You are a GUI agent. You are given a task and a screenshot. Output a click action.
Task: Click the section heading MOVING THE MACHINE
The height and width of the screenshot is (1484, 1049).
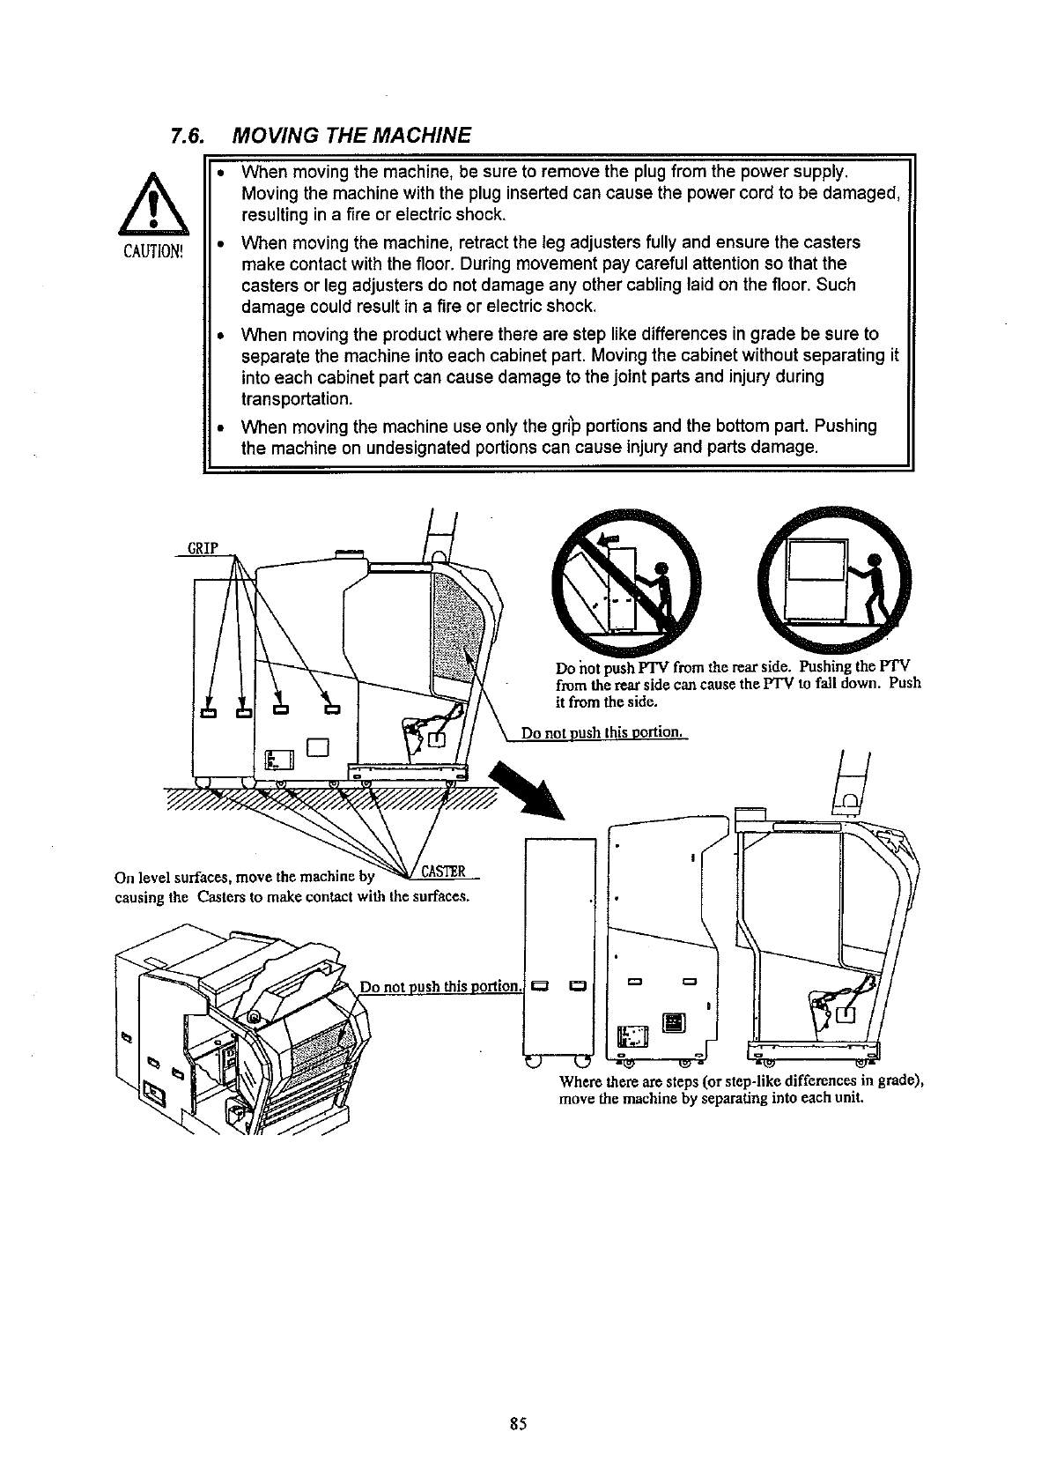tap(351, 136)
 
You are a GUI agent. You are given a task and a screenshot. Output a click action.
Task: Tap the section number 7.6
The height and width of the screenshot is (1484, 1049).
tap(188, 136)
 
